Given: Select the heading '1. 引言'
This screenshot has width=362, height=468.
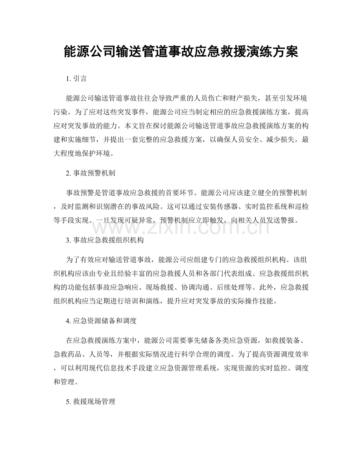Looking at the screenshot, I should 77,79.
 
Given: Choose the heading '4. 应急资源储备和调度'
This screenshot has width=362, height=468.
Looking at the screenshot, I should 102,321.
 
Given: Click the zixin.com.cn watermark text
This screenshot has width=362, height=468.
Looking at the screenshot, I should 181,226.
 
